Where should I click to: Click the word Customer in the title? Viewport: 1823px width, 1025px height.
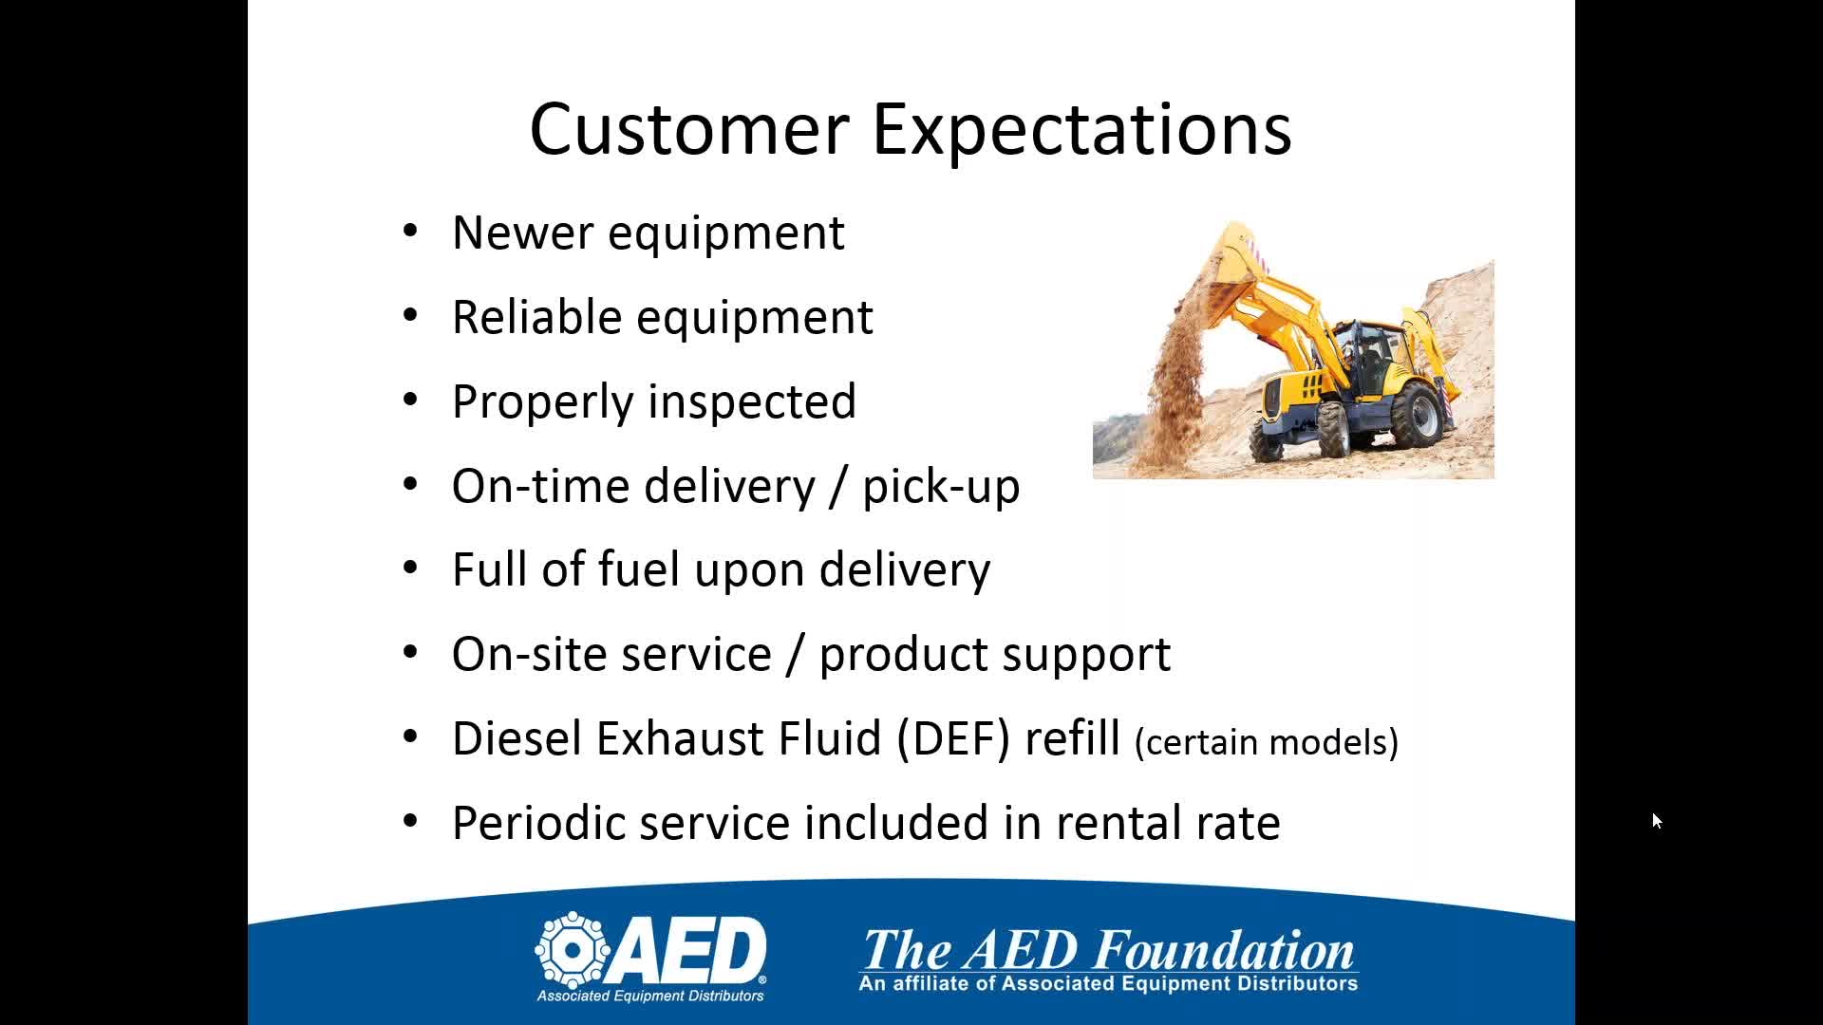pyautogui.click(x=688, y=129)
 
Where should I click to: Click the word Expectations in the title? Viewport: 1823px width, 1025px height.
pyautogui.click(x=1081, y=131)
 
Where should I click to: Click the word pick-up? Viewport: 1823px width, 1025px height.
pyautogui.click(x=941, y=487)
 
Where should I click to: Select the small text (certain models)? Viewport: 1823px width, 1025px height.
pyautogui.click(x=1267, y=742)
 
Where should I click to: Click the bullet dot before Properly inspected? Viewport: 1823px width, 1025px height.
pyautogui.click(x=410, y=401)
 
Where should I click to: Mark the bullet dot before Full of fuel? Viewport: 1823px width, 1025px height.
pyautogui.click(x=410, y=568)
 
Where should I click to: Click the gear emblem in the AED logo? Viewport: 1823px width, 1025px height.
pyautogui.click(x=573, y=949)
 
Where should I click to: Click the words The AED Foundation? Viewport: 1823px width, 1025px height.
pyautogui.click(x=1108, y=949)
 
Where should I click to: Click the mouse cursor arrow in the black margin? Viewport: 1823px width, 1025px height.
pyautogui.click(x=1657, y=821)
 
